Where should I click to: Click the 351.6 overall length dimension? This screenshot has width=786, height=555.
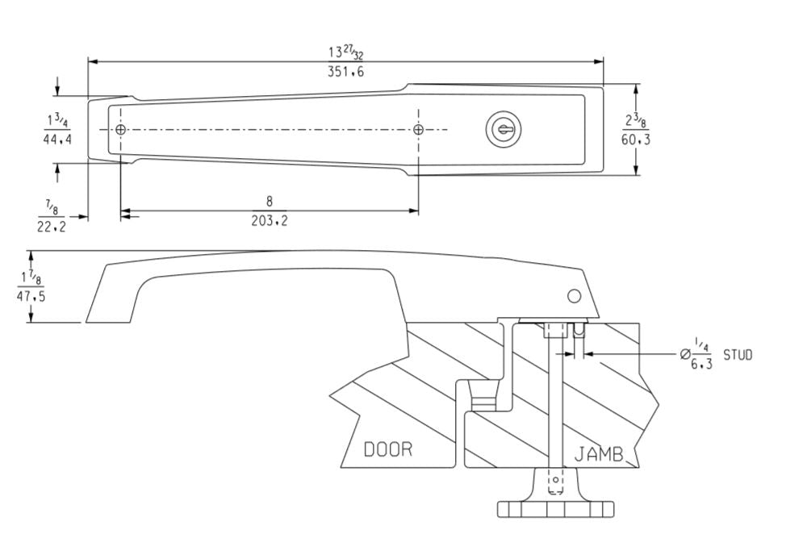(x=345, y=72)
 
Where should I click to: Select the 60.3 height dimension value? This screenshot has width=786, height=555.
(x=636, y=139)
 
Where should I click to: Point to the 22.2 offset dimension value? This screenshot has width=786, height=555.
(x=52, y=226)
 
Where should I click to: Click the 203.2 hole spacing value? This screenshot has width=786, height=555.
(x=269, y=220)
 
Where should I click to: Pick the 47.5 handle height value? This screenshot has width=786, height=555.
(x=31, y=296)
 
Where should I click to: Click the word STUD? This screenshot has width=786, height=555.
(x=738, y=355)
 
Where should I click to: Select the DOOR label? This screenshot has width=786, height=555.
(x=387, y=449)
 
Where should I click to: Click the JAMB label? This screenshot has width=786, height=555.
(x=599, y=455)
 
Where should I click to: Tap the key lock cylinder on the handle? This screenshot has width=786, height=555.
(x=504, y=129)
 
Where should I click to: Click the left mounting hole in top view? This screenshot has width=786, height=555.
(x=121, y=130)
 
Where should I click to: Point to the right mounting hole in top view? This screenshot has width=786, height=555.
(x=418, y=130)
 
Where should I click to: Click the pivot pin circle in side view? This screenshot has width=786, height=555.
(x=574, y=296)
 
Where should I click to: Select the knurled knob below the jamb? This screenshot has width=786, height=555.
(x=555, y=508)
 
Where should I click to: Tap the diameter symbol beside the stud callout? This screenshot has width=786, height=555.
(x=685, y=354)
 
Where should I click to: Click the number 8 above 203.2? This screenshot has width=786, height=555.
(x=270, y=202)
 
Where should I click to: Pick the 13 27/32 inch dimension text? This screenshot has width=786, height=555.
(x=345, y=52)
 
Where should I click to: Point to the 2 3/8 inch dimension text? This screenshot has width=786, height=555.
(x=636, y=121)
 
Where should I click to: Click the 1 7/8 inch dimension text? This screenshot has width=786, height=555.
(x=31, y=279)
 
